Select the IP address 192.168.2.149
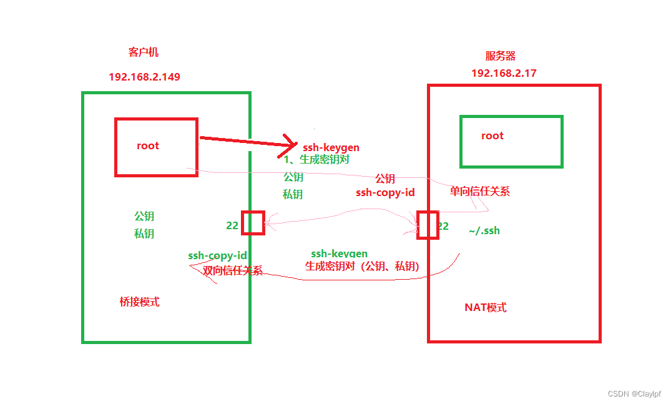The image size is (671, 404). [x=144, y=77]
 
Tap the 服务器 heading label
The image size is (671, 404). [x=501, y=56]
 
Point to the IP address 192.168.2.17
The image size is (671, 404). [x=504, y=73]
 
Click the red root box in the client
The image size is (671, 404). [x=156, y=147]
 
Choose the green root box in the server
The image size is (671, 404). [x=511, y=141]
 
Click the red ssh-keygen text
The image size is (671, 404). [x=331, y=148]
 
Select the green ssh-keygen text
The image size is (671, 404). [x=339, y=254]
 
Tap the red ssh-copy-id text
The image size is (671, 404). [x=385, y=192]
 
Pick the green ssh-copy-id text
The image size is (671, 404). [x=217, y=255]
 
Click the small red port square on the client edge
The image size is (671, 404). [x=253, y=223]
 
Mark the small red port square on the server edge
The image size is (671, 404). [x=428, y=225]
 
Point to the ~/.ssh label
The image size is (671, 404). [x=484, y=231]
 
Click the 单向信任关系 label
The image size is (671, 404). [x=479, y=192]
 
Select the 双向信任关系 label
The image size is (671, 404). [x=232, y=270]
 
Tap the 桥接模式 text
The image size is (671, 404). [x=139, y=302]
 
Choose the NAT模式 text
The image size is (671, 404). [x=485, y=307]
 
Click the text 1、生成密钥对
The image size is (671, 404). [x=316, y=160]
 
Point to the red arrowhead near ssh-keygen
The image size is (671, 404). [x=290, y=144]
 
